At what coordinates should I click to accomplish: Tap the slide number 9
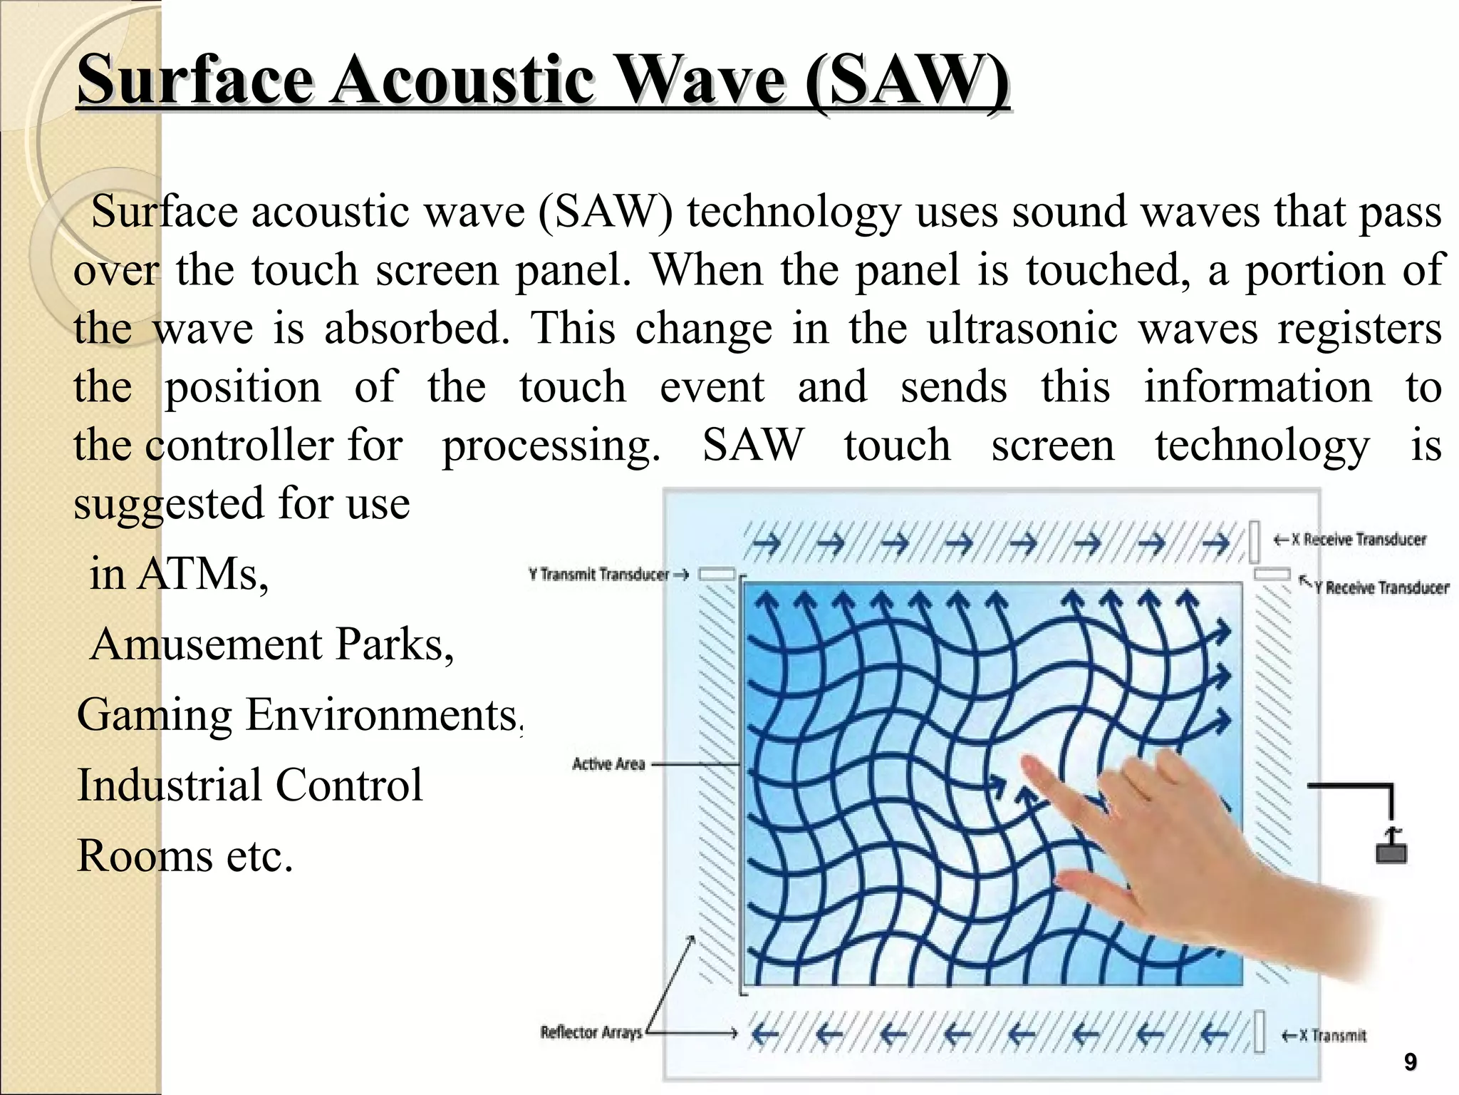coord(1410,1062)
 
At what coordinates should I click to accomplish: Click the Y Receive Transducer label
coord(1381,587)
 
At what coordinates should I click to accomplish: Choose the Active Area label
coord(608,764)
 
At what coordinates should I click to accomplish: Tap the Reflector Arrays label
coord(591,1032)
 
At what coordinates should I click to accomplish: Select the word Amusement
coord(207,644)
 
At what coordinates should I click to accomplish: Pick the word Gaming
coord(155,715)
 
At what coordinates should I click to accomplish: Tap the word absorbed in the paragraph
coord(417,329)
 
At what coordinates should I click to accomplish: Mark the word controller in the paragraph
coord(239,446)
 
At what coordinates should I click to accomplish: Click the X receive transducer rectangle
coord(1255,542)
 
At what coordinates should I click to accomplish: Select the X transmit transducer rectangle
coord(1260,1031)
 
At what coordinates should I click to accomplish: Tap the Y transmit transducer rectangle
coord(716,575)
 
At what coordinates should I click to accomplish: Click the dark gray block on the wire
coord(1391,852)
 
